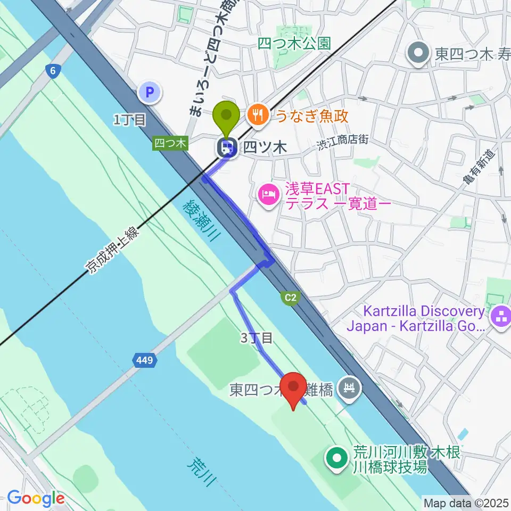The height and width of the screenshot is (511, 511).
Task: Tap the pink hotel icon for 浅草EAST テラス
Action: (x=268, y=194)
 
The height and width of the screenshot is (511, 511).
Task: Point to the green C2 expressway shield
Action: (x=290, y=299)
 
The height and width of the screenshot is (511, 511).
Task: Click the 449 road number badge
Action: (x=145, y=360)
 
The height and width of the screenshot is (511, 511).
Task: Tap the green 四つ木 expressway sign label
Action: (x=170, y=143)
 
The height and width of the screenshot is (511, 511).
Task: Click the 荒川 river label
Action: (x=202, y=471)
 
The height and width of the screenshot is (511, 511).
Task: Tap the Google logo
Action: (x=36, y=499)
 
